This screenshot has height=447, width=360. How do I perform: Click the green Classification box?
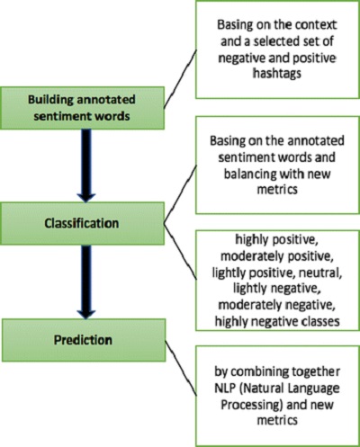click(x=82, y=223)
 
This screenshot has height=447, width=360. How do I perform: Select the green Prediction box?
click(x=84, y=340)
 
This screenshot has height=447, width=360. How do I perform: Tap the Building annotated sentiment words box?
click(x=82, y=108)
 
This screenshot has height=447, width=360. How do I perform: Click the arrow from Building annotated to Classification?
click(x=86, y=165)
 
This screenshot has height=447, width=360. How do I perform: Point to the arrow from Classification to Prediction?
click(x=86, y=282)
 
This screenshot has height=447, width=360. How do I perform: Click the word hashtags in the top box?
click(x=277, y=74)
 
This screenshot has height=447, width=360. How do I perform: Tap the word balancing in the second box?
click(x=250, y=174)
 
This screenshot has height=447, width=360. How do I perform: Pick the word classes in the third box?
click(x=320, y=322)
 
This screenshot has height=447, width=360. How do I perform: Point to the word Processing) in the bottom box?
click(x=252, y=405)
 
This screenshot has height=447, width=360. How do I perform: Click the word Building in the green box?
click(x=50, y=100)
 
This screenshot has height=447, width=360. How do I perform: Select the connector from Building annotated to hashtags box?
click(x=180, y=79)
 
